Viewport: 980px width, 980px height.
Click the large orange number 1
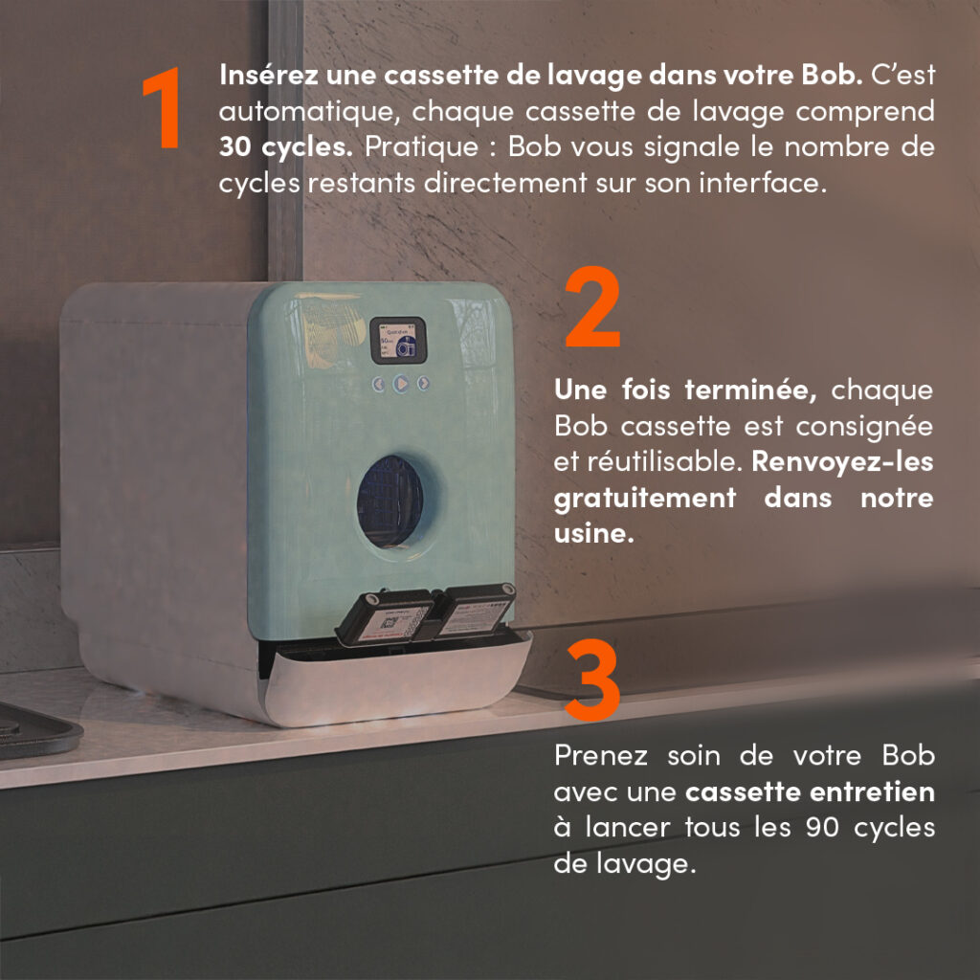(164, 109)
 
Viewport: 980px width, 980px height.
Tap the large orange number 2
(592, 309)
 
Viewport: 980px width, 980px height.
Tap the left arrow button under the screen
(379, 384)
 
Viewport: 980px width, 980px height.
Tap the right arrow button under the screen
(424, 384)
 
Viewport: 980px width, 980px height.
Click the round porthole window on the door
(390, 501)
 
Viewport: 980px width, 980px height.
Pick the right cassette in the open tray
(475, 610)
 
